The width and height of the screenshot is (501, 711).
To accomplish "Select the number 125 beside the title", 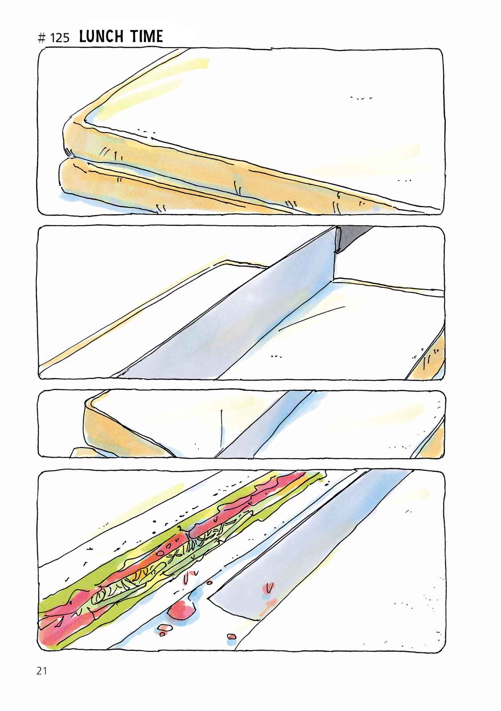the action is coord(60,38).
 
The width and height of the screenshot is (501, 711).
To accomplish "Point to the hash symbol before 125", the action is coord(41,38).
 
